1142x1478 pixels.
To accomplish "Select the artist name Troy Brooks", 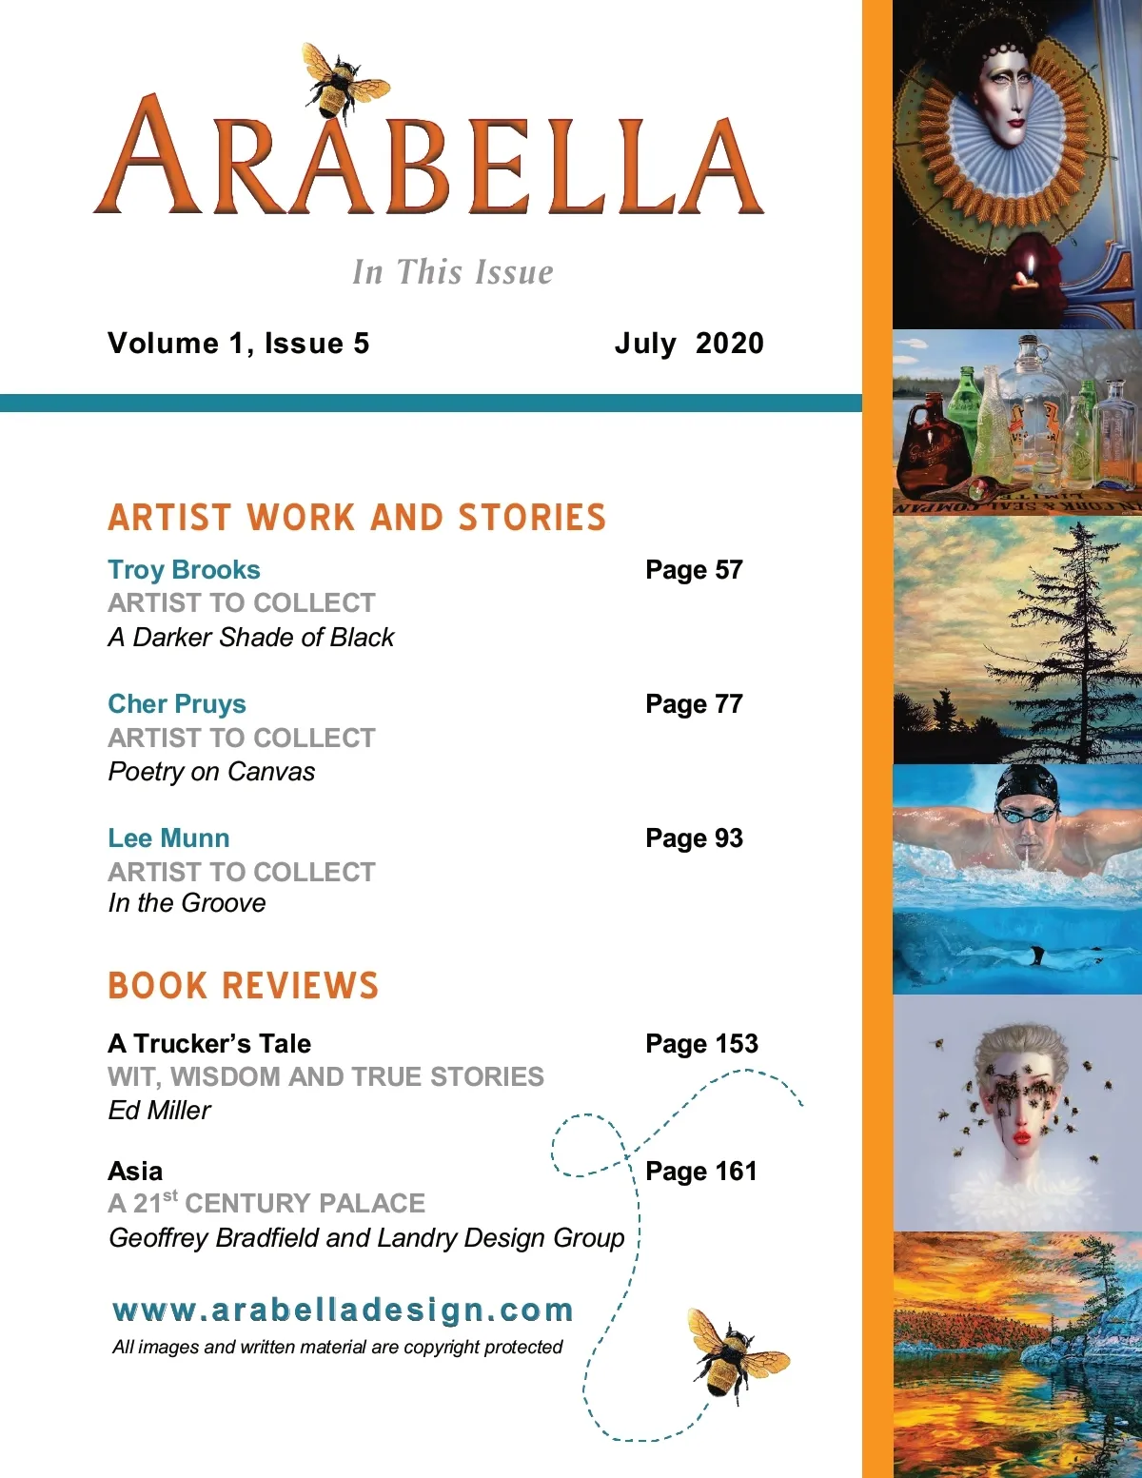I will pyautogui.click(x=184, y=570).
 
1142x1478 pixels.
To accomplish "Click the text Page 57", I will pyautogui.click(x=694, y=570).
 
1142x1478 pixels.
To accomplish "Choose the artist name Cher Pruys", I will pyautogui.click(x=177, y=704).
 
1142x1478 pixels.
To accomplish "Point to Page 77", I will pyautogui.click(x=694, y=704).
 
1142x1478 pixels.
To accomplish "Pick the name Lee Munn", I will pyautogui.click(x=168, y=838).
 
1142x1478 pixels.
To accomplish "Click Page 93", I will pyautogui.click(x=694, y=838).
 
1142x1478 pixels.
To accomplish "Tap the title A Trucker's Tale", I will pyautogui.click(x=209, y=1044).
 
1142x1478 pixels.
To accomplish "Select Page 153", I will pyautogui.click(x=701, y=1044).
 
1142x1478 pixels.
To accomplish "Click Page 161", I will pyautogui.click(x=700, y=1172).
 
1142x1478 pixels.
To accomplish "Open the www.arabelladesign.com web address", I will pyautogui.click(x=343, y=1310).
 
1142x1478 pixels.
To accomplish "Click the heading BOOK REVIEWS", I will pyautogui.click(x=244, y=986).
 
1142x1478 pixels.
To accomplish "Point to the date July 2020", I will pyautogui.click(x=689, y=344).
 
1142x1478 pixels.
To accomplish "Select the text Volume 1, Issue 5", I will pyautogui.click(x=238, y=344).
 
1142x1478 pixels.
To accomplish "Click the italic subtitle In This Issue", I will pyautogui.click(x=452, y=272).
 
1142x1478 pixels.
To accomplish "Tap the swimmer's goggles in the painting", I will pyautogui.click(x=1026, y=816).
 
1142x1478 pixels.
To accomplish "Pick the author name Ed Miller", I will pyautogui.click(x=159, y=1111).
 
